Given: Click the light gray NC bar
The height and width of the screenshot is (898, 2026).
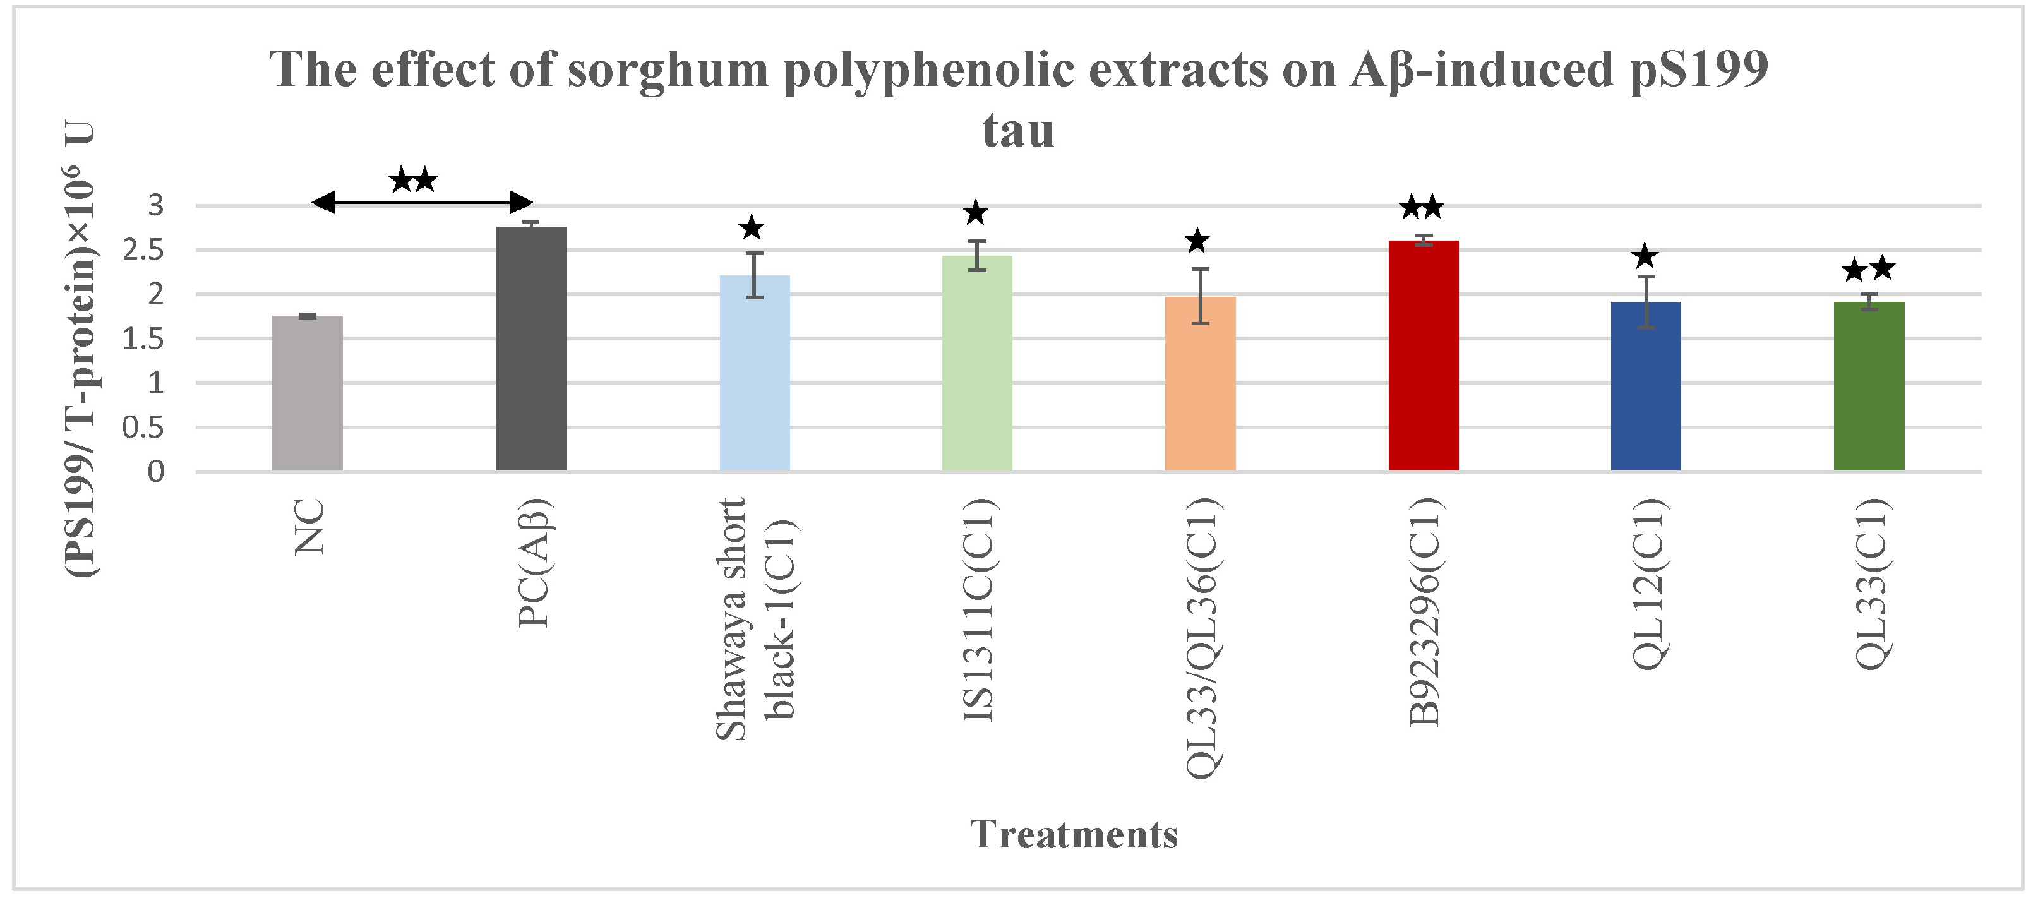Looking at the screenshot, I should [x=307, y=393].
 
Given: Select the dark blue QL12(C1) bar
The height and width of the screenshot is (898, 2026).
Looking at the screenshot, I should [x=1645, y=386].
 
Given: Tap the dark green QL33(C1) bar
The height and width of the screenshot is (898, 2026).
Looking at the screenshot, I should [x=1869, y=386].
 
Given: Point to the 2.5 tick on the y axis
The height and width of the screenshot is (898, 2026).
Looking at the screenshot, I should [x=143, y=250].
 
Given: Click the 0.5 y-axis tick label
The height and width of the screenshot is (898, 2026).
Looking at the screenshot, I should [x=143, y=428].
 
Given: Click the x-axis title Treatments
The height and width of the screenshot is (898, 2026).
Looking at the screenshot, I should [x=1074, y=834].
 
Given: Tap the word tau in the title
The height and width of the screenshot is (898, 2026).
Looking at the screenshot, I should [x=1017, y=131].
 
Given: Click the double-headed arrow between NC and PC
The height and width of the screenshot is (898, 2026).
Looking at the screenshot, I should [x=423, y=203].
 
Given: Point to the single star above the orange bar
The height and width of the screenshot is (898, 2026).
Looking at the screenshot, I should [x=1197, y=241].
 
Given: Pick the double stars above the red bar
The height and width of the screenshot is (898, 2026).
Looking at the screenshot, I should [x=1421, y=208].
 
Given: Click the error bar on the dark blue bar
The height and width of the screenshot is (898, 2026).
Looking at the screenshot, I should [x=1645, y=302].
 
